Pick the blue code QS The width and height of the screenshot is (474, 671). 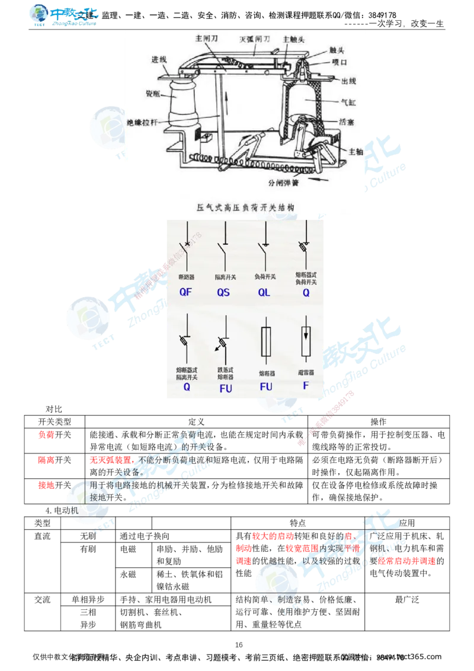tap(223, 292)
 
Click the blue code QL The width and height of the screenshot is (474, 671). tap(264, 292)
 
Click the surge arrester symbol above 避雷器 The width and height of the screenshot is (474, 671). tap(306, 342)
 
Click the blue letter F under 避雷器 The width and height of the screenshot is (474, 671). tap(306, 386)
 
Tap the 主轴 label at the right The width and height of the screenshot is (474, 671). tap(355, 151)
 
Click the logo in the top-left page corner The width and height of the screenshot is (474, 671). tap(64, 15)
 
